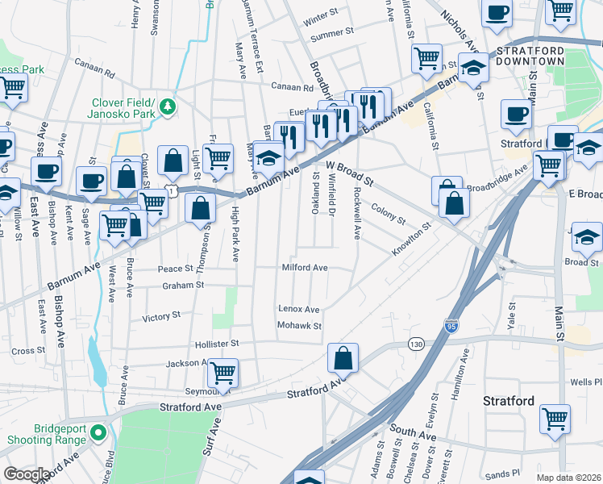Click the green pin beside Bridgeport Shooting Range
[x=98, y=432]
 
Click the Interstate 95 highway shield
[x=451, y=326]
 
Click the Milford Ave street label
[x=304, y=267]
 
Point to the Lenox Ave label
[x=298, y=309]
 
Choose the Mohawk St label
[x=299, y=326]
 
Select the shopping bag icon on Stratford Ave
[x=343, y=359]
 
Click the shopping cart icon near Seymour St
[x=222, y=373]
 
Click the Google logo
[x=27, y=474]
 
